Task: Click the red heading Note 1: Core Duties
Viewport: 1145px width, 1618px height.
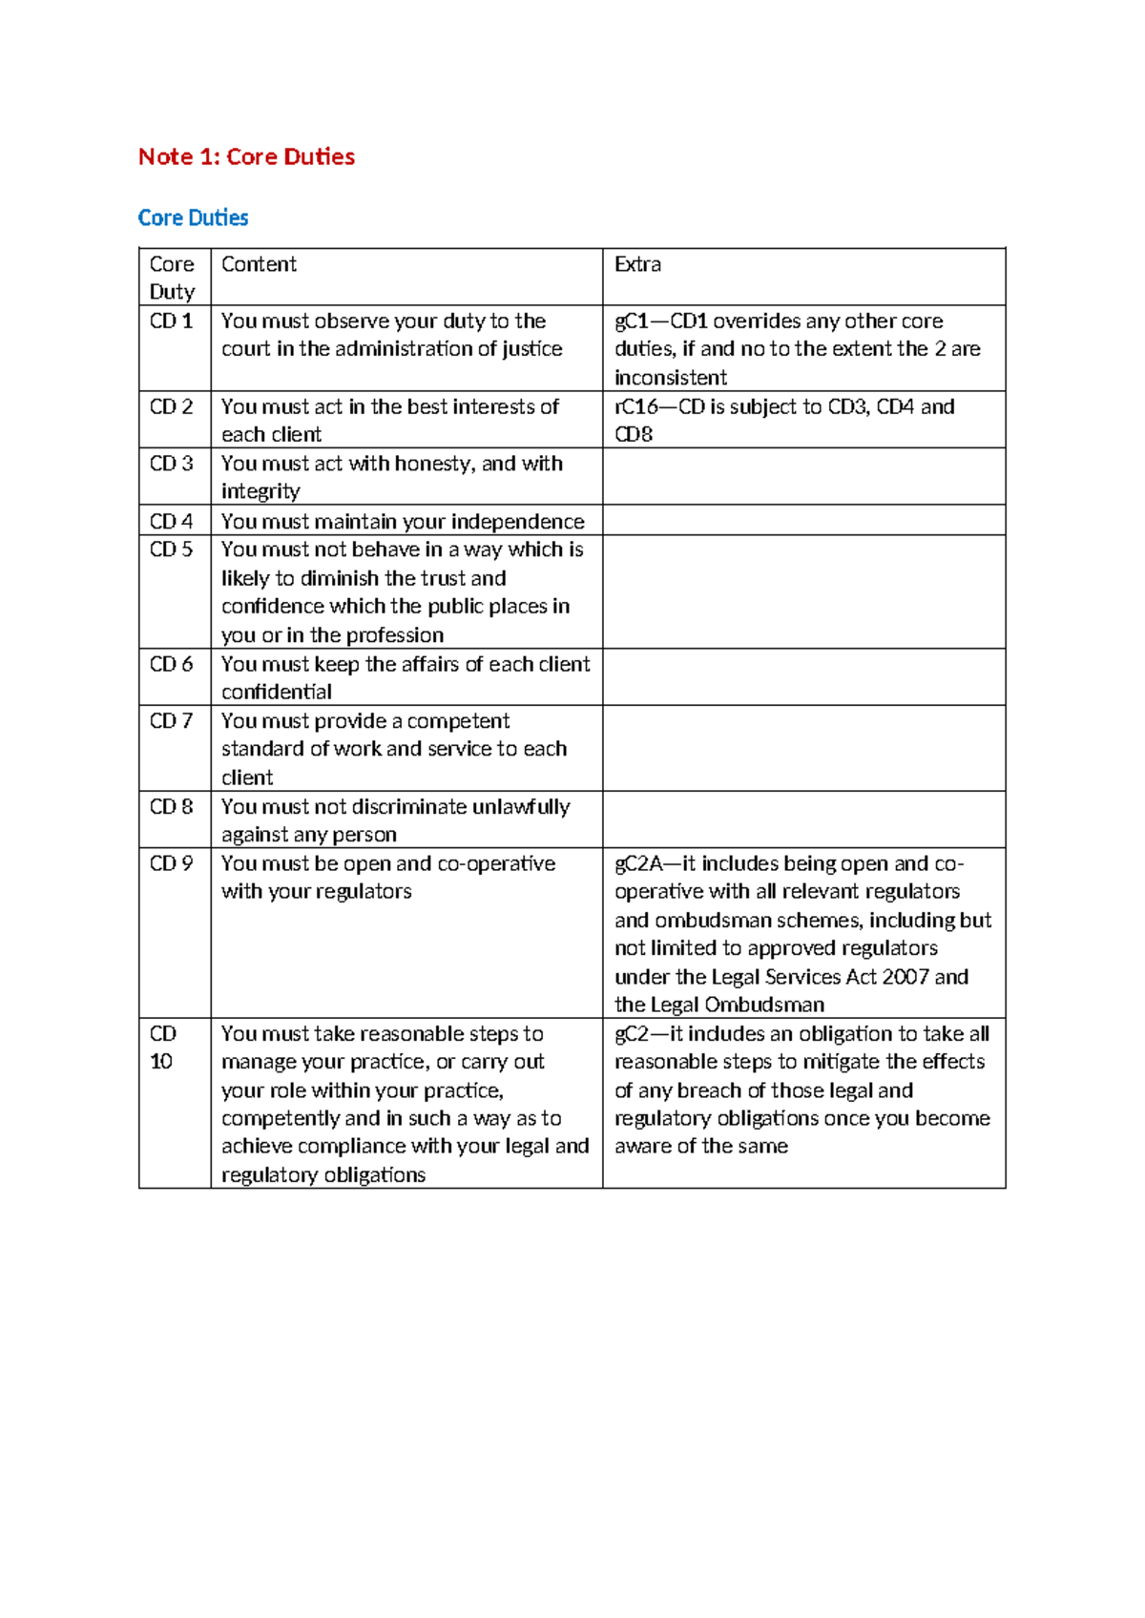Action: pyautogui.click(x=246, y=156)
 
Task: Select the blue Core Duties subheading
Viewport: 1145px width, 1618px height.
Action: pyautogui.click(x=193, y=218)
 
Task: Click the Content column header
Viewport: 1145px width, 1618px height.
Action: pyautogui.click(x=259, y=264)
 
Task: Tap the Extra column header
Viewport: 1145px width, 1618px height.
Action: pyautogui.click(x=637, y=264)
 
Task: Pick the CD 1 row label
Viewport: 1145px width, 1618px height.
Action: pyautogui.click(x=171, y=322)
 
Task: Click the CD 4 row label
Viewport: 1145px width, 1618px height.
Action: pyautogui.click(x=171, y=521)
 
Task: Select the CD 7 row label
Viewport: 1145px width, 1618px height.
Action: pyautogui.click(x=171, y=721)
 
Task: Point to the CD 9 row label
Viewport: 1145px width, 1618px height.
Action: pyautogui.click(x=171, y=863)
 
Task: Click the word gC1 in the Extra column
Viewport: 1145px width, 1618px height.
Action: pyautogui.click(x=632, y=322)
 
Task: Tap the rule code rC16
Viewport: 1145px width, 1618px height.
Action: pyautogui.click(x=636, y=407)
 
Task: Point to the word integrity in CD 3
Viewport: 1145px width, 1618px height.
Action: pyautogui.click(x=260, y=491)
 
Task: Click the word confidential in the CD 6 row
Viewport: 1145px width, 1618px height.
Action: pyautogui.click(x=277, y=692)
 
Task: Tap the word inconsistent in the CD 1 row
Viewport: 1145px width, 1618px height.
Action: pyautogui.click(x=671, y=378)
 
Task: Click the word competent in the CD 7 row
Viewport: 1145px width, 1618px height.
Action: pyautogui.click(x=458, y=721)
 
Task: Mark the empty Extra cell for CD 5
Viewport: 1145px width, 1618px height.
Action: pyautogui.click(x=803, y=591)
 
